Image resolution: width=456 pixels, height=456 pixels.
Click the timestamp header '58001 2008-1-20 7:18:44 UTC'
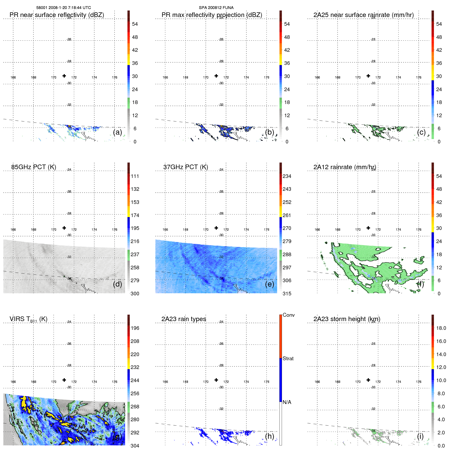(63, 8)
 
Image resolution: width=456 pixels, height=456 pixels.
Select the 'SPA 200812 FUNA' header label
(216, 8)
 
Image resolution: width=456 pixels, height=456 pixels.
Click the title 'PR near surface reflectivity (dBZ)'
(57, 15)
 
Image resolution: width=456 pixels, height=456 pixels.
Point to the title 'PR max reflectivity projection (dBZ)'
(212, 15)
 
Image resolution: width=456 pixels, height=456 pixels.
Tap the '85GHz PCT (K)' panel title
(33, 167)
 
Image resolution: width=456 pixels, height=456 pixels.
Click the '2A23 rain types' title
(184, 319)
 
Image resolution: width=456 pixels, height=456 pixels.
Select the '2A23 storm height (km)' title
(347, 319)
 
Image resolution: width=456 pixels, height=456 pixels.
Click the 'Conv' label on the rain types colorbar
(288, 315)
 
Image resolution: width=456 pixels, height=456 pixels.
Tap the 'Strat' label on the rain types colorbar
(288, 358)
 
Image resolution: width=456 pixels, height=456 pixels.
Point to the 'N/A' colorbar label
(287, 402)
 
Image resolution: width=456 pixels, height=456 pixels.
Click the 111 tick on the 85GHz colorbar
(135, 176)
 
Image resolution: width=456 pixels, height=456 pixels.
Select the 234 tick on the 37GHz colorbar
(287, 176)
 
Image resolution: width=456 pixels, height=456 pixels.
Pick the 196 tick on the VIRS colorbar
(135, 328)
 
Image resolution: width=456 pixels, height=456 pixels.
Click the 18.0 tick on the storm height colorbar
(441, 328)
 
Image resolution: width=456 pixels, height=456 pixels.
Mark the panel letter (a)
(117, 132)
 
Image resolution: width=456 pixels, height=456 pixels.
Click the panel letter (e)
(269, 284)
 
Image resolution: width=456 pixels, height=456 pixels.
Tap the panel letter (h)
(269, 436)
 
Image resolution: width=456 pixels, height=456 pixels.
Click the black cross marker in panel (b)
(216, 76)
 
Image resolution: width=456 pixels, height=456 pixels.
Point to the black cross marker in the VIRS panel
(64, 380)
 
